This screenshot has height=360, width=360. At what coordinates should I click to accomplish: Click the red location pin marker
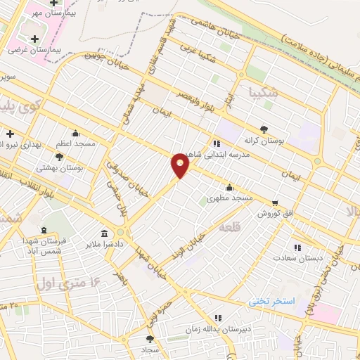pos(180,165)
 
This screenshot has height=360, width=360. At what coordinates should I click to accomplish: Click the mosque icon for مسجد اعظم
pos(76,133)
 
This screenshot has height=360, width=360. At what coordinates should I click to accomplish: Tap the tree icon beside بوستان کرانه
pos(264,129)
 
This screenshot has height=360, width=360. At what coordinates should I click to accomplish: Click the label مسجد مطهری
pos(229,199)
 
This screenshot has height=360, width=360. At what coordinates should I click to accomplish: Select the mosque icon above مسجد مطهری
pos(229,187)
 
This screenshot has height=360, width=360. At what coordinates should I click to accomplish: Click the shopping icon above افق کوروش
pos(275,201)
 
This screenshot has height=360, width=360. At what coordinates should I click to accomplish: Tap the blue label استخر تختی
pos(274,301)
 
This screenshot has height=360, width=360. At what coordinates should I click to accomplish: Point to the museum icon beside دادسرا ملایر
pos(104,233)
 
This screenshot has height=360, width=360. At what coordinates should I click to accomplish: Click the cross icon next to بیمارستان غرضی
pos(34,37)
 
